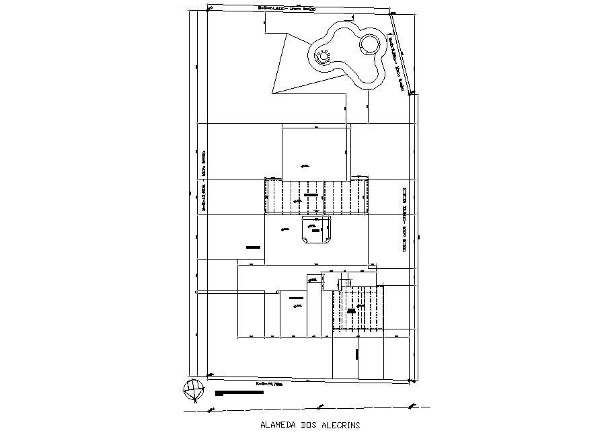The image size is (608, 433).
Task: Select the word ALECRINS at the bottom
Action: click(x=341, y=425)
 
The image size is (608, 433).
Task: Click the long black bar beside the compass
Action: click(x=240, y=392)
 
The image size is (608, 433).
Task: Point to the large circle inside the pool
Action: click(x=369, y=46)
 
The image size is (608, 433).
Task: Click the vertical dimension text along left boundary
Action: click(x=203, y=182)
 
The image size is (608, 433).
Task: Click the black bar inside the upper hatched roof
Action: click(x=310, y=195)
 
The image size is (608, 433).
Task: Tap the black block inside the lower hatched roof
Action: click(x=352, y=310)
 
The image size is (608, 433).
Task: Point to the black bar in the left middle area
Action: click(x=253, y=247)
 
